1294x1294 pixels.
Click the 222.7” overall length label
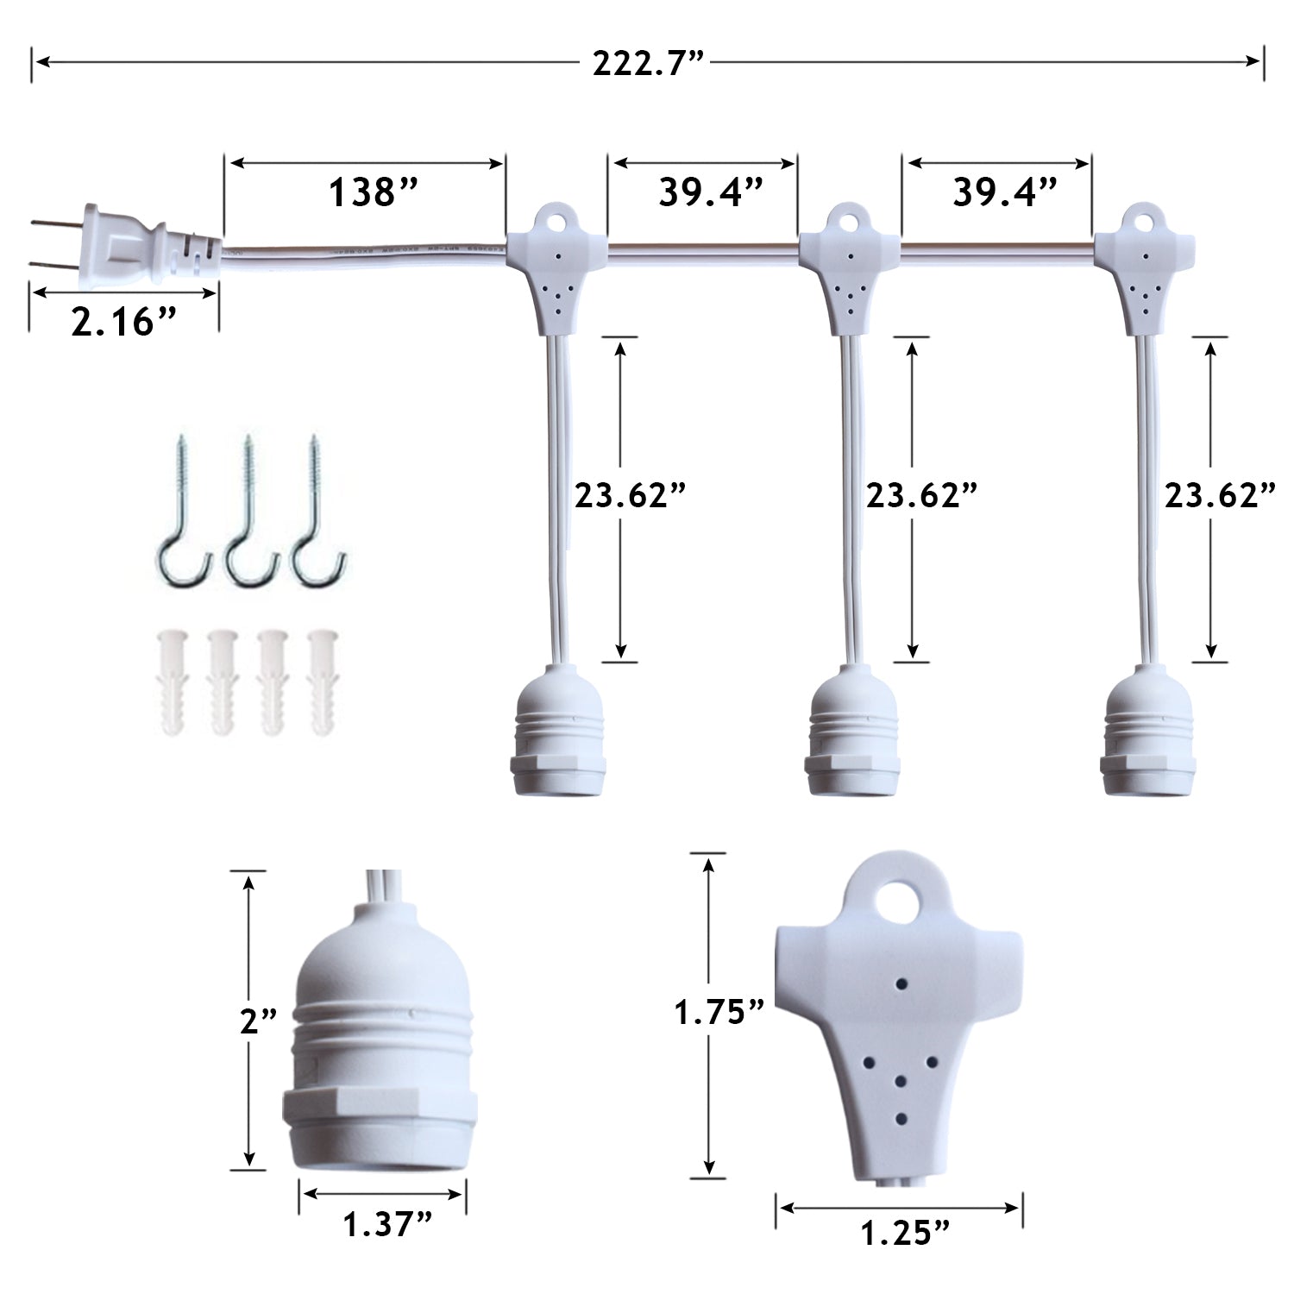coord(648,63)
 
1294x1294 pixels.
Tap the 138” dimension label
coord(373,192)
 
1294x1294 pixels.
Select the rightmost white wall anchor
coord(323,682)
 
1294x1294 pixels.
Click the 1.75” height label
coord(719,1012)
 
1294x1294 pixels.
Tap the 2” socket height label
coord(258,1021)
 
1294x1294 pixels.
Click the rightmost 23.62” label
coord(1220,496)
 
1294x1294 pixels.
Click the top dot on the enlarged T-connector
coord(902,983)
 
